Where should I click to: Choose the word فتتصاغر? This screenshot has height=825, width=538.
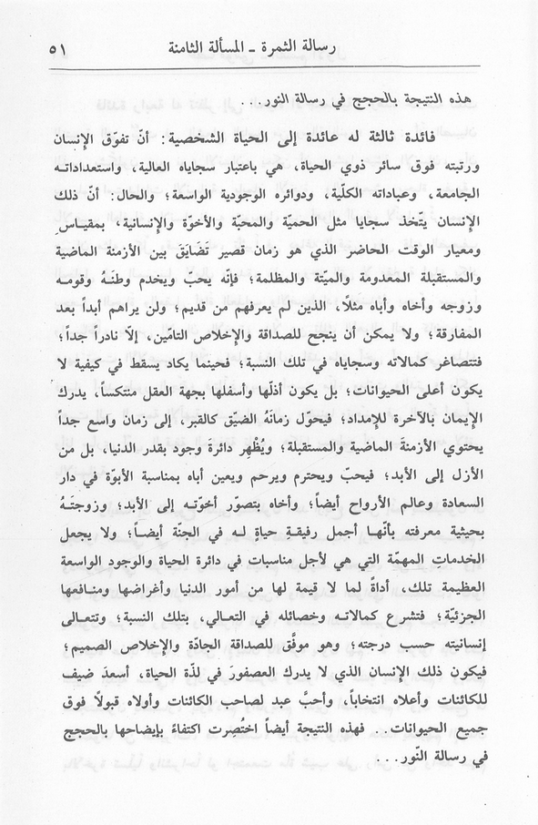pyautogui.click(x=462, y=363)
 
